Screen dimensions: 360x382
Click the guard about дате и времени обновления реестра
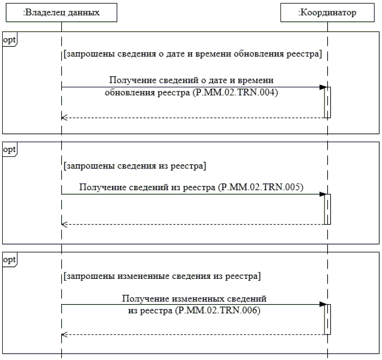192,54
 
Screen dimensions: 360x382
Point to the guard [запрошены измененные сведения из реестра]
162,277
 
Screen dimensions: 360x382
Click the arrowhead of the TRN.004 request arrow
322,87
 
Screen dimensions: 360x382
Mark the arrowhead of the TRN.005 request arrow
322,194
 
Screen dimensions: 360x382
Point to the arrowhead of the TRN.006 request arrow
322,304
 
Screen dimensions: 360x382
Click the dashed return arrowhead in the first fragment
64,117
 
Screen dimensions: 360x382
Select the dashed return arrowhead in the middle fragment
64,224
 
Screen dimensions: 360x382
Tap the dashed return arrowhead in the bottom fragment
64,334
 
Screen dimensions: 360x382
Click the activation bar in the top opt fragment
327,102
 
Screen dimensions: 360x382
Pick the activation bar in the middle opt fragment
327,209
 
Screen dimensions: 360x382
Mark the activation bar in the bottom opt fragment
327,319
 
